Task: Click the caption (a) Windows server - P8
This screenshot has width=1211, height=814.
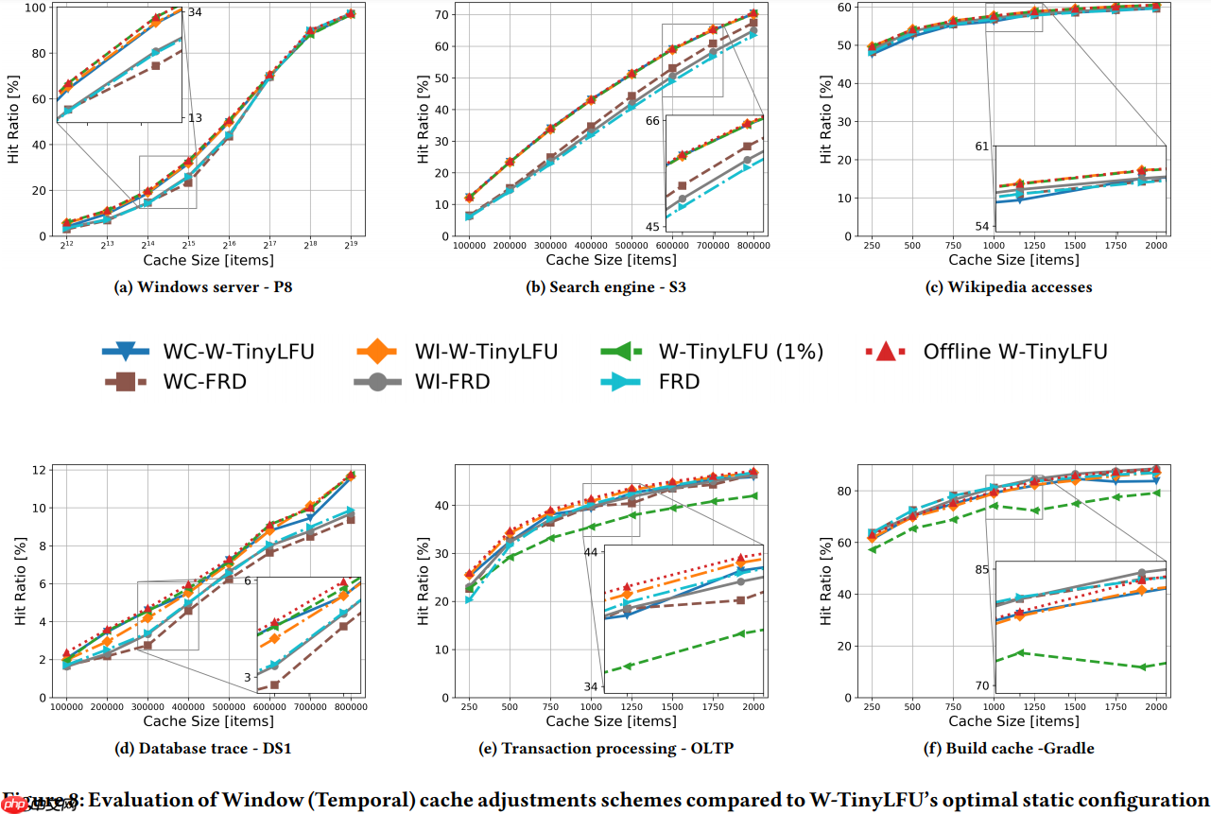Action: [x=208, y=287]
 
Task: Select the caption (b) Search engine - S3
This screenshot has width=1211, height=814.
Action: [x=606, y=287]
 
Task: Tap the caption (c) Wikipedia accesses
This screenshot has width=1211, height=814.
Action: [x=1009, y=287]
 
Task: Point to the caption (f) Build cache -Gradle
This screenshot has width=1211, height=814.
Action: [x=1009, y=749]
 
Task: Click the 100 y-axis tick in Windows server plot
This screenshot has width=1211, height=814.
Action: [x=36, y=8]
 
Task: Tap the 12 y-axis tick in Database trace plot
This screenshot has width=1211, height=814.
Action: [x=41, y=470]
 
